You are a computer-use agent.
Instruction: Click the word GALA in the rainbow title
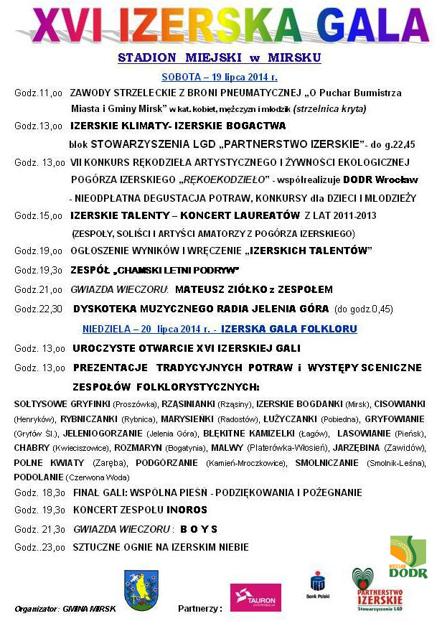367,27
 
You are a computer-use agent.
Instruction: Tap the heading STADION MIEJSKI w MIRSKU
219,57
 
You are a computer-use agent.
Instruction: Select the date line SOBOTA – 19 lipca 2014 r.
219,76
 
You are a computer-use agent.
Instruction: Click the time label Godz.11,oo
38,93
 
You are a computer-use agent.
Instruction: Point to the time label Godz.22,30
38,309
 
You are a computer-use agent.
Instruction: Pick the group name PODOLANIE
38,477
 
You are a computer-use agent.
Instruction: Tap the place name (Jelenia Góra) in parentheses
171,434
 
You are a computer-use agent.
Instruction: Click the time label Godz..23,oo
39,547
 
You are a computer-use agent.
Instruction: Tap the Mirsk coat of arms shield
141,589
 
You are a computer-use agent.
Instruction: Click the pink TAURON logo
255,597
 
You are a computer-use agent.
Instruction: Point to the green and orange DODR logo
408,557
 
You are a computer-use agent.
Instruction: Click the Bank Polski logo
318,585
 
